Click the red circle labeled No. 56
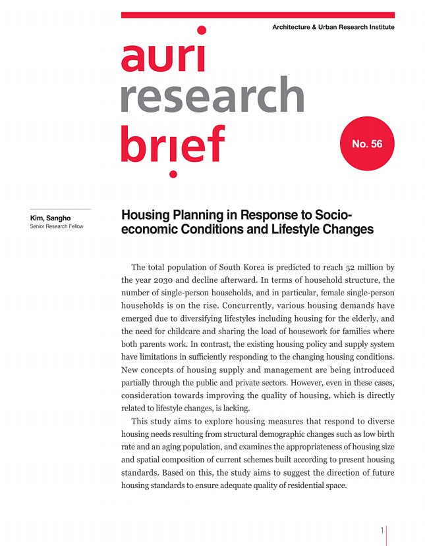tap(367, 143)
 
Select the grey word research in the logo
tap(212, 95)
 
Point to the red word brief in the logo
tap(173, 143)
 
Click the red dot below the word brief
tap(173, 174)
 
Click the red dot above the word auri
tap(202, 30)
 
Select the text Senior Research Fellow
tap(57, 227)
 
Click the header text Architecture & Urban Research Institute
tap(333, 27)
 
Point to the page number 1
tap(382, 531)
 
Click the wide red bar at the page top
tap(258, 14)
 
